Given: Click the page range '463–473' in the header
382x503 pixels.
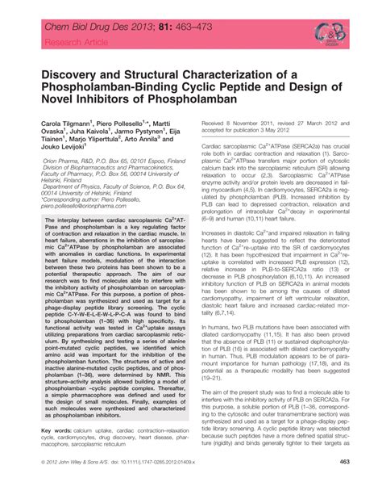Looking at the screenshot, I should pyautogui.click(x=182, y=15).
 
